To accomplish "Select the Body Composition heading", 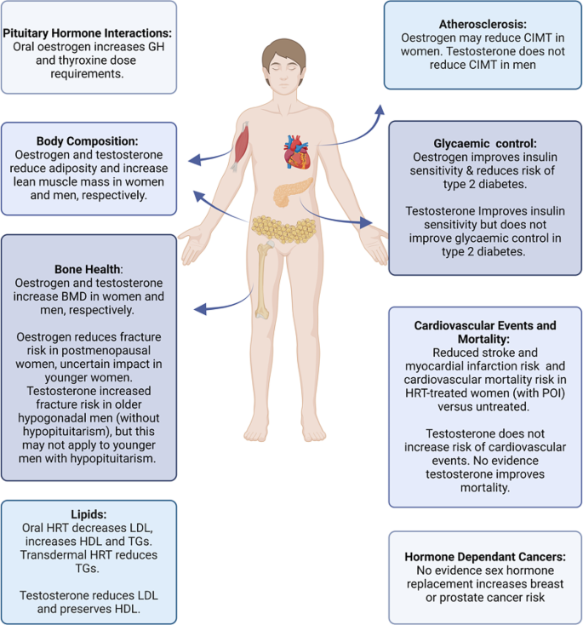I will pos(89,140).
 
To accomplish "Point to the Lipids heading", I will pos(89,514).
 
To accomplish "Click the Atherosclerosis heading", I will pos(483,25).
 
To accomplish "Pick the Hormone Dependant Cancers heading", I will pos(485,556).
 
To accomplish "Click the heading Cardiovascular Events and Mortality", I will pos(485,331).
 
